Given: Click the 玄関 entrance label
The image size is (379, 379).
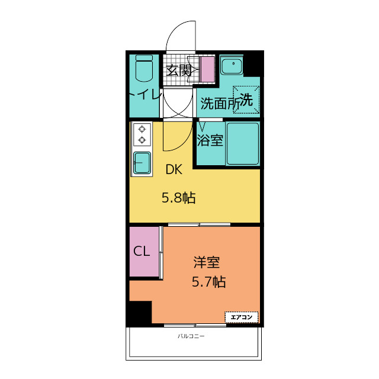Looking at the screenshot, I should point(178,70).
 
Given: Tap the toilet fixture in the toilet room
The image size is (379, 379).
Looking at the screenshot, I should point(144,70).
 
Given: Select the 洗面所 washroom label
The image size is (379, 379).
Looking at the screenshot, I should point(220,103).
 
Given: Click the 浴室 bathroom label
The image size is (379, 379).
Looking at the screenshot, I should point(210,141).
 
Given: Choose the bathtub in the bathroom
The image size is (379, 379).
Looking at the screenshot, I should point(243,143).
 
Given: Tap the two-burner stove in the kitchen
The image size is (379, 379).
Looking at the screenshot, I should point(142,134).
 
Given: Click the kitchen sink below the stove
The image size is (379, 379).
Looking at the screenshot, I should point(142,162).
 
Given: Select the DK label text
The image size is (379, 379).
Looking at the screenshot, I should point(174,170).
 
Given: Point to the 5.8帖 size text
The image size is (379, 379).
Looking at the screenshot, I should point(179,198).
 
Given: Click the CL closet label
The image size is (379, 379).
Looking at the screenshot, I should point(142,251).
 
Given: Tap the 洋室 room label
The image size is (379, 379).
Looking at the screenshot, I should point(207,262).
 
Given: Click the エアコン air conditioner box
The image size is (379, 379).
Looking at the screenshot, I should point(242,317).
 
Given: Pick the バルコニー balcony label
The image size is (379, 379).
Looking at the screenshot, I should point(191,336).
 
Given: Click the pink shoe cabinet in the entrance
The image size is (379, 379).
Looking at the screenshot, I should point(207,69).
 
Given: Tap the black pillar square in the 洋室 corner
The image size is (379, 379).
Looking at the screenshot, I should point(140,312).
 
